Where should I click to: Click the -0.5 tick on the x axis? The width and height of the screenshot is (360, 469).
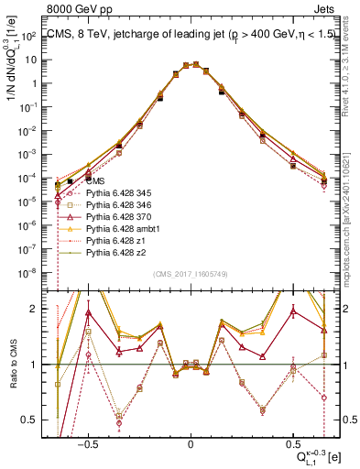(88, 442)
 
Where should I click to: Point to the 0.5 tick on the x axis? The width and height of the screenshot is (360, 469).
(292, 442)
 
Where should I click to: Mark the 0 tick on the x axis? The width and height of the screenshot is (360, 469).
(190, 442)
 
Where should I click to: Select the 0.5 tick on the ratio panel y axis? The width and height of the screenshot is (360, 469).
(33, 420)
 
